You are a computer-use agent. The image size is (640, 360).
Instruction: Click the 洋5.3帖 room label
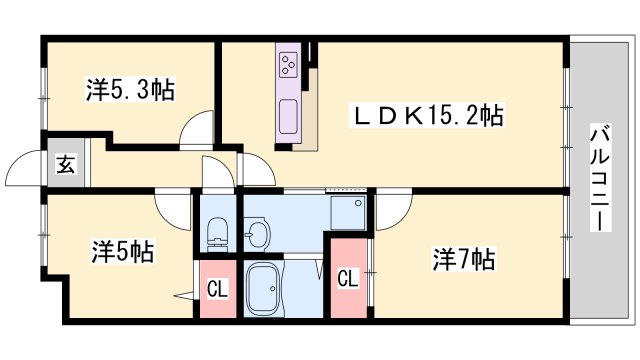pyautogui.click(x=130, y=89)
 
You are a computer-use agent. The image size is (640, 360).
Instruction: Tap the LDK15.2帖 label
pyautogui.click(x=428, y=116)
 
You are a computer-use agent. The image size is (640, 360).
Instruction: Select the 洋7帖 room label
pyautogui.click(x=464, y=259)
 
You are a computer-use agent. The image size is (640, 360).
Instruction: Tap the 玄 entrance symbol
pyautogui.click(x=66, y=164)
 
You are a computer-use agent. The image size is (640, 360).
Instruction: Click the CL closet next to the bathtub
pyautogui.click(x=217, y=289)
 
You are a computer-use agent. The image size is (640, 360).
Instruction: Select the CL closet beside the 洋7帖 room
pyautogui.click(x=348, y=278)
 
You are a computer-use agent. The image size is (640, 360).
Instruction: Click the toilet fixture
pyautogui.click(x=217, y=234)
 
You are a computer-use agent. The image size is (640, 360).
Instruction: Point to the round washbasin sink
pyautogui.click(x=257, y=233)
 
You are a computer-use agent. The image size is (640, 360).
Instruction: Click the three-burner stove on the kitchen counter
pyautogui.click(x=288, y=64)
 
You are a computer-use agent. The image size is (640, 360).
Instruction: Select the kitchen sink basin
pyautogui.click(x=288, y=116)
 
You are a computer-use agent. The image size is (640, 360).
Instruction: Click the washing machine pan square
pyautogui.click(x=348, y=213)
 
